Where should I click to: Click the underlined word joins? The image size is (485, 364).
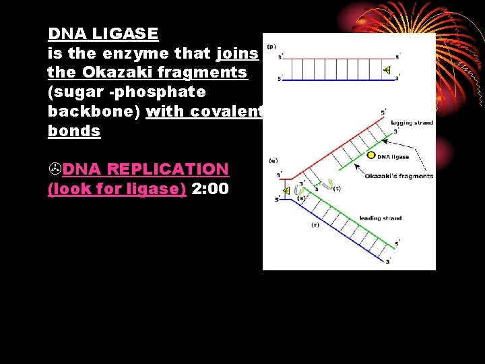[x=238, y=53]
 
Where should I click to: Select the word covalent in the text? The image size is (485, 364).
[x=224, y=111]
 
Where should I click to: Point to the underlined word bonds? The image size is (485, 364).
[x=74, y=131]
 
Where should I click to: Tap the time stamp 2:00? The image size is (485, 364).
[x=210, y=189]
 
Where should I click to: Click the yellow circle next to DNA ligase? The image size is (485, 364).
[x=370, y=156]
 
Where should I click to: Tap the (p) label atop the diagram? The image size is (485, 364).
[x=271, y=47]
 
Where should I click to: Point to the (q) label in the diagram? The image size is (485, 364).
[x=272, y=161]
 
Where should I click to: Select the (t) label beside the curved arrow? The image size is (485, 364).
[x=337, y=189]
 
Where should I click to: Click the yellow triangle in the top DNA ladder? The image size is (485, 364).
[x=387, y=70]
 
